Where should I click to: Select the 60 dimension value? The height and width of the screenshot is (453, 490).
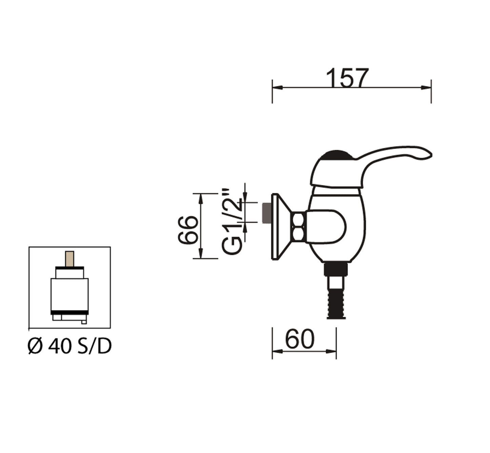300,339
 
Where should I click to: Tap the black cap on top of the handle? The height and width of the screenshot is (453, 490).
337,156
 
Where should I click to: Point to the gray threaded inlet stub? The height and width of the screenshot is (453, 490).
266,213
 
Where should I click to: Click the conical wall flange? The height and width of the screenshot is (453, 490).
280,226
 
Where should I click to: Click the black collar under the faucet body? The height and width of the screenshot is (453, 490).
336,270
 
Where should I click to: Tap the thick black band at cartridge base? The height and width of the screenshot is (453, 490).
70,312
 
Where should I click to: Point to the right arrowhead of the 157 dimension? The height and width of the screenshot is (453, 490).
426,87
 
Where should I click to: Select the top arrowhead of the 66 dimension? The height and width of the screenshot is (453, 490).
201,198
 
